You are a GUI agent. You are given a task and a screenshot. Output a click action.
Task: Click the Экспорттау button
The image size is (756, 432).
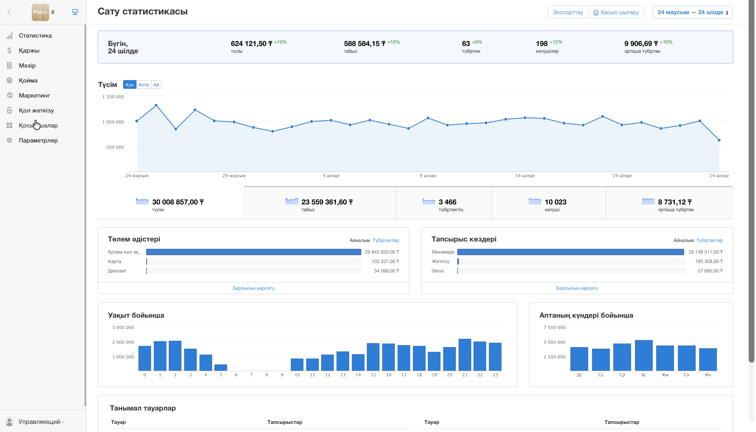(x=568, y=12)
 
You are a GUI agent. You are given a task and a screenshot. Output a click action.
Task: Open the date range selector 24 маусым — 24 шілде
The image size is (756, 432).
(x=692, y=12)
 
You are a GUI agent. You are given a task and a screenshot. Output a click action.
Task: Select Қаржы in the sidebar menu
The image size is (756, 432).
(x=29, y=50)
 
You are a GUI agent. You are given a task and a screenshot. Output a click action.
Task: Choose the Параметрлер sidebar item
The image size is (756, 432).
(x=38, y=140)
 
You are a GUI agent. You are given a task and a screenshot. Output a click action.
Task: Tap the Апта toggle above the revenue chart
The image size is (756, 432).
(x=143, y=85)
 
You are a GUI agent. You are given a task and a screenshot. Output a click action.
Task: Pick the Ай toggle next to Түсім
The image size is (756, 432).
(x=156, y=85)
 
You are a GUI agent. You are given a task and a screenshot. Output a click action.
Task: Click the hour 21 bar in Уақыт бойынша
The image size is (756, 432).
(x=464, y=354)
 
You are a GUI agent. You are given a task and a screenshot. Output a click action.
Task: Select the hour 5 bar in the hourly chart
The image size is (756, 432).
(x=220, y=367)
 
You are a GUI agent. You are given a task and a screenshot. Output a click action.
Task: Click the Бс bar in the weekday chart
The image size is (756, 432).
(x=643, y=355)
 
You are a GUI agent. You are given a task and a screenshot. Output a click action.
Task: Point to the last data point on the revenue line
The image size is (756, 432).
(x=719, y=140)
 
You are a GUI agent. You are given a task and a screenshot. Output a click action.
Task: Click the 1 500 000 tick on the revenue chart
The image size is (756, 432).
(x=113, y=97)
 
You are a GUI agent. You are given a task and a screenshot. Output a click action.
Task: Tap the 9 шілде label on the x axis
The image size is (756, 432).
(x=428, y=176)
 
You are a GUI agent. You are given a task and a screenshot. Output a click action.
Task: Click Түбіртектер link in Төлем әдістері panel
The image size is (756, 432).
(x=386, y=240)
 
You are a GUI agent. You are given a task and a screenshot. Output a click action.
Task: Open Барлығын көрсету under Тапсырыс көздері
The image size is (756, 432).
(x=577, y=288)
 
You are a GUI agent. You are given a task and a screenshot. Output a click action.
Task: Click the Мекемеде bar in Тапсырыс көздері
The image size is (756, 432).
(x=570, y=252)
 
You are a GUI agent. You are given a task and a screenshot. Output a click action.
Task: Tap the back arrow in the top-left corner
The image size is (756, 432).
(x=9, y=12)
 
